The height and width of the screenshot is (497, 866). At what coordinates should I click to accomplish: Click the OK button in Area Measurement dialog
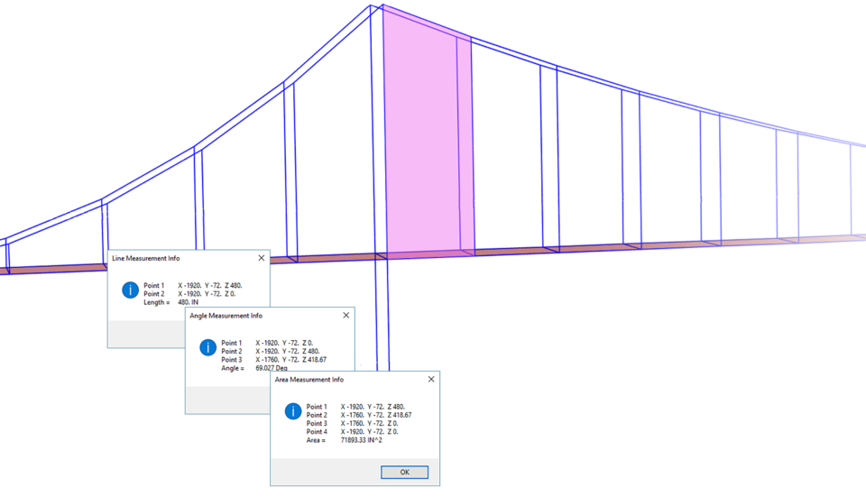404,472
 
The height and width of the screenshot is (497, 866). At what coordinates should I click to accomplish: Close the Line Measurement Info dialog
262,258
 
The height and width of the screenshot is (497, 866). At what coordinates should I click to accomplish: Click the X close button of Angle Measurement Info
345,316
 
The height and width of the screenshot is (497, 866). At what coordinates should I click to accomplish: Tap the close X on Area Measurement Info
430,380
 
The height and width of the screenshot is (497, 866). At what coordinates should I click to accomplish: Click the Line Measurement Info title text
145,258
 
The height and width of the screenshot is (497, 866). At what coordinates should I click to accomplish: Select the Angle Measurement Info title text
226,316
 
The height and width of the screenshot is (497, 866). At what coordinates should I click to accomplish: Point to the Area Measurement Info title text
309,380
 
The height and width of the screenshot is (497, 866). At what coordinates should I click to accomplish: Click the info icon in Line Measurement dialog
130,290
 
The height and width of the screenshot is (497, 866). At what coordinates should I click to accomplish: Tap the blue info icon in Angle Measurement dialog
207,347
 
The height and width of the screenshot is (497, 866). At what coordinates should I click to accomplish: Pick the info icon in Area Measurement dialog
292,411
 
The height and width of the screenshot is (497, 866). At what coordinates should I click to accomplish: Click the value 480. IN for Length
188,302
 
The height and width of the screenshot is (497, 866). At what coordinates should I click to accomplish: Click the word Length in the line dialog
155,302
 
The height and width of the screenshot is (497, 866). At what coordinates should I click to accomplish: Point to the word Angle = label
233,368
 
